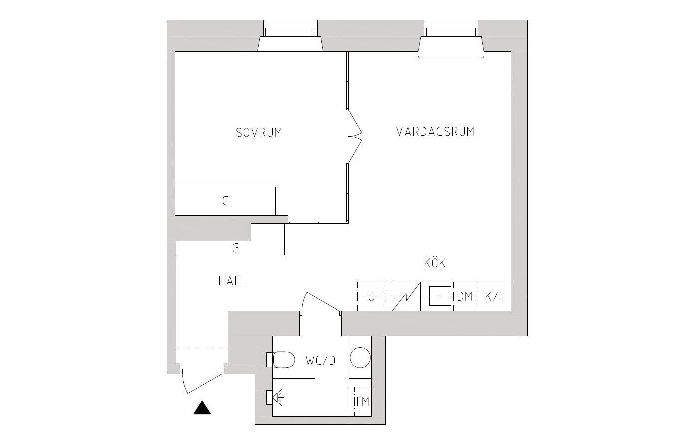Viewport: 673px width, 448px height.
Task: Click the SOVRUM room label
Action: (259, 133)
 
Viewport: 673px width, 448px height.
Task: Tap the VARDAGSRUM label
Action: (435, 132)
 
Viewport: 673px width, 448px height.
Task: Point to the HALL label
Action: (232, 281)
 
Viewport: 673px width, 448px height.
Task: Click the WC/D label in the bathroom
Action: (320, 361)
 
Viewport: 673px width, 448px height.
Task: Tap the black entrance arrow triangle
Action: (202, 408)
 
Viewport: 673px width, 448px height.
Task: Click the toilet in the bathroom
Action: (280, 360)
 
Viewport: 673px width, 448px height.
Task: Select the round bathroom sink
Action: (360, 358)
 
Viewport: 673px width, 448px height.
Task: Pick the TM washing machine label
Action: (362, 402)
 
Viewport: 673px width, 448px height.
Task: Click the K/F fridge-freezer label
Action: (494, 297)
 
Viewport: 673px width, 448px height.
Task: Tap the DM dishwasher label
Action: (465, 297)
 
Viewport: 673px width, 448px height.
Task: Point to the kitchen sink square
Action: (440, 296)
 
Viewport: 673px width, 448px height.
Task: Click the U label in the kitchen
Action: (372, 297)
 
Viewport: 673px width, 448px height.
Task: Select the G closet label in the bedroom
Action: (226, 201)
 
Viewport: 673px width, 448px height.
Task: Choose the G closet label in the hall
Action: (235, 248)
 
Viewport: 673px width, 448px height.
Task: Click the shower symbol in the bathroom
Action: (275, 398)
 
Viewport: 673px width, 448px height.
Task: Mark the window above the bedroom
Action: (290, 36)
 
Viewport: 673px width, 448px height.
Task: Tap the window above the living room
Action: (451, 39)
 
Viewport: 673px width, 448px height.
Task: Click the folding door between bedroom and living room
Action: (355, 136)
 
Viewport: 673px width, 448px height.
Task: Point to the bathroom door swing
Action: (321, 301)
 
